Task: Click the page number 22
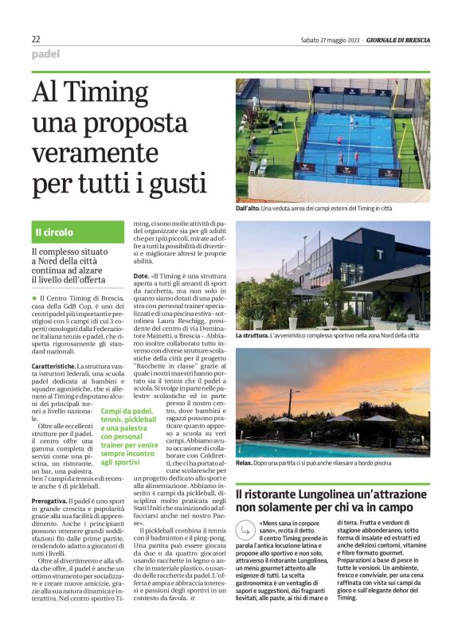pos(36,39)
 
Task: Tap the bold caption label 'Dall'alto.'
pos(250,209)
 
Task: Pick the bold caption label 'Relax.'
pos(244,462)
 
